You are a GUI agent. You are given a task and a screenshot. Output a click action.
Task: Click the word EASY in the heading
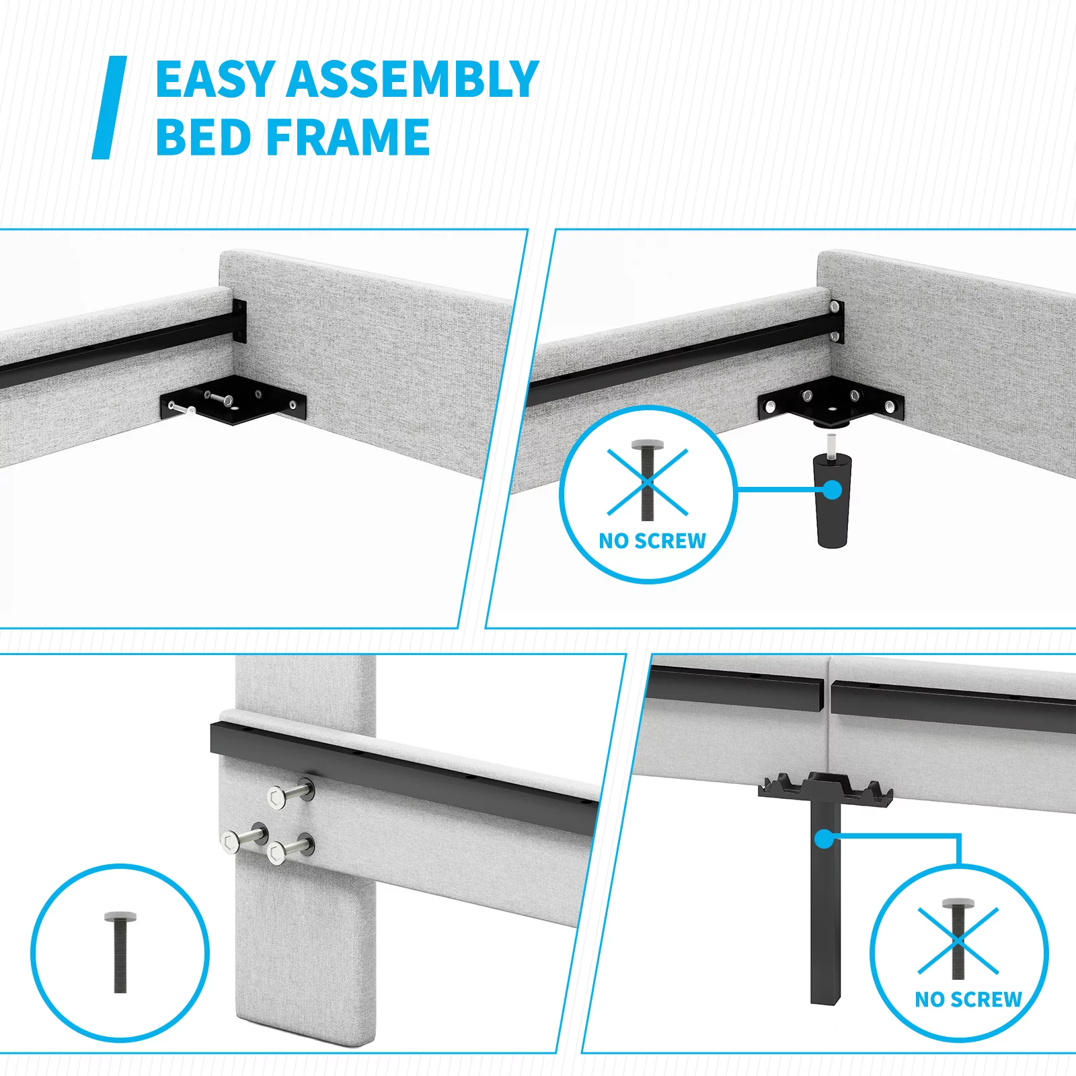click(x=216, y=79)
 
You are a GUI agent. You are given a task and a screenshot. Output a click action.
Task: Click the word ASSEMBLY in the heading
click(x=413, y=79)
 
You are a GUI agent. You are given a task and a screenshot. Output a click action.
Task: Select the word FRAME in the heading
click(x=349, y=137)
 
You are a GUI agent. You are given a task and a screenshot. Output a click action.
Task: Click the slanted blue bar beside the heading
click(x=110, y=108)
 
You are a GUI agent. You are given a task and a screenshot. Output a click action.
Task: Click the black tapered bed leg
click(x=832, y=500)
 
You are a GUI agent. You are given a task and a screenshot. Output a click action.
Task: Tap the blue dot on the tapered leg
click(x=832, y=490)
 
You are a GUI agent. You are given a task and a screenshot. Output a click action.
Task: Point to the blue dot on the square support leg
click(x=824, y=839)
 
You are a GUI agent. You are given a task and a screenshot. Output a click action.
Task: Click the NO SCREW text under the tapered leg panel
click(x=652, y=541)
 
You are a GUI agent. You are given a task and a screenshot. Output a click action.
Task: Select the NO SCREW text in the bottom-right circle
click(x=968, y=999)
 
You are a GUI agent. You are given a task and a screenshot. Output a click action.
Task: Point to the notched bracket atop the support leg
click(x=825, y=788)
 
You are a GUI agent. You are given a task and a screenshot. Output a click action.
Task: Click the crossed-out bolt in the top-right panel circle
click(x=648, y=480)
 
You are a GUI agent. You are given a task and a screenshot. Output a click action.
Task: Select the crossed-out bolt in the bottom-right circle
click(x=958, y=939)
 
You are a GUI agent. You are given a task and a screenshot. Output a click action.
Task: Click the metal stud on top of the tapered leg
click(x=833, y=445)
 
